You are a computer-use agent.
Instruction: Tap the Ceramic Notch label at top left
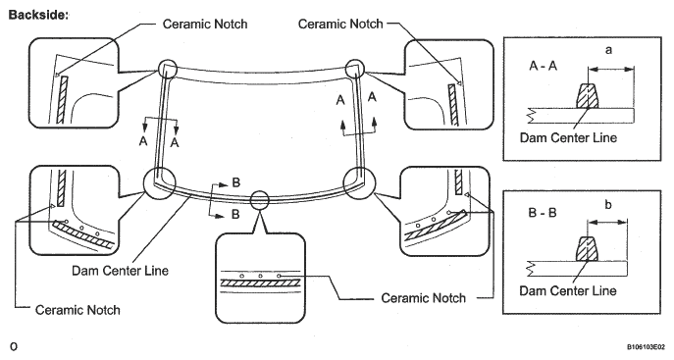pos(205,24)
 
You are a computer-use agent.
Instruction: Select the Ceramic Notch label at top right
pos(340,24)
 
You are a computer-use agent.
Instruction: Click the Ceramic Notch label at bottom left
pos(78,310)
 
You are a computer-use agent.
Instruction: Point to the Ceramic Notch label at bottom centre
pos(424,297)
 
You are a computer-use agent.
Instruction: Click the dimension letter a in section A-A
pos(608,50)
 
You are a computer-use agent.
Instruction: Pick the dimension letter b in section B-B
pos(608,204)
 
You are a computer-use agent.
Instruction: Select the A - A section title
pos(544,66)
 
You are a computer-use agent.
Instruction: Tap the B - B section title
pos(543,213)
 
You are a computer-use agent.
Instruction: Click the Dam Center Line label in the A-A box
pos(568,137)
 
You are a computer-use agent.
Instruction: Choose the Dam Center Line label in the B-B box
pos(568,290)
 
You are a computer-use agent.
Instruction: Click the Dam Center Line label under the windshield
pos(120,271)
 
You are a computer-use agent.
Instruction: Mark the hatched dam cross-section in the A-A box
pos(587,96)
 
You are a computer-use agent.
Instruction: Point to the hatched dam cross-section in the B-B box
pos(587,249)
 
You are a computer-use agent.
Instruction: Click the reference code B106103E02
pos(646,346)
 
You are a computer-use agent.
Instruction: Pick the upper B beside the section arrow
pos(236,182)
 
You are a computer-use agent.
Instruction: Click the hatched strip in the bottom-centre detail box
pos(260,283)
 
